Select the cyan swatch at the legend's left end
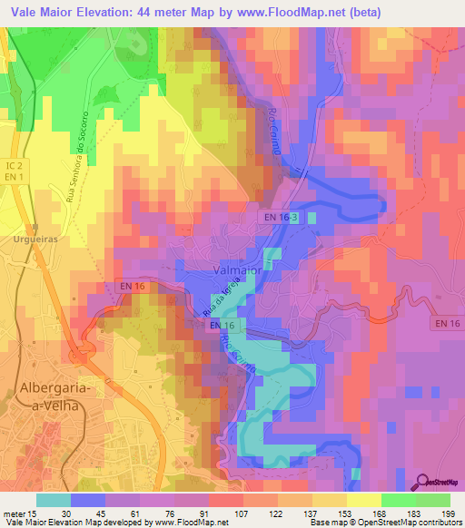coord(54,499)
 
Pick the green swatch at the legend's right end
coord(432,499)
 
